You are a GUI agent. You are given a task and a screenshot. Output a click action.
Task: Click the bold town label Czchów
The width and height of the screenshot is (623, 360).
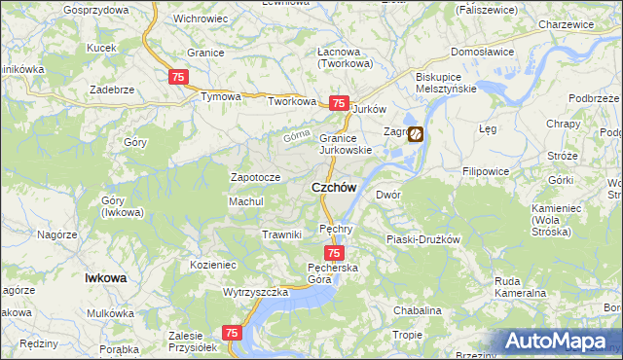pyautogui.click(x=333, y=188)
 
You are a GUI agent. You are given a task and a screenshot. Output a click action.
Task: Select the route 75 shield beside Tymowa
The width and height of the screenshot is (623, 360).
pyautogui.click(x=177, y=77)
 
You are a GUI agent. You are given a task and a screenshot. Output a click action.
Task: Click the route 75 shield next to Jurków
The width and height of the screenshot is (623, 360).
pyautogui.click(x=339, y=103)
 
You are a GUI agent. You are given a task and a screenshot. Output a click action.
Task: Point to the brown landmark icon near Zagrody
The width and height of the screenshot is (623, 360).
pyautogui.click(x=416, y=134)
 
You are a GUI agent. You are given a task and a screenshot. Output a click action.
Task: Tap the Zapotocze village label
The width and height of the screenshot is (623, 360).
pyautogui.click(x=255, y=178)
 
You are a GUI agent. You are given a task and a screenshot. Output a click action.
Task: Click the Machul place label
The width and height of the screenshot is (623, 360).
pyautogui.click(x=246, y=201)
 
